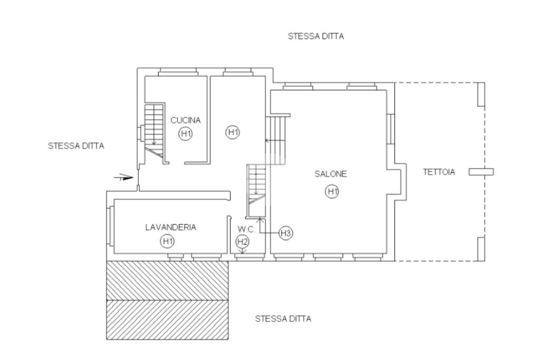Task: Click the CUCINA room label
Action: click(186, 120)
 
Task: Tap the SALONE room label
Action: click(331, 174)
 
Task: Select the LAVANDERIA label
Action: click(170, 227)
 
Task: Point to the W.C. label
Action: click(247, 230)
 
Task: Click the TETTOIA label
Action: click(439, 172)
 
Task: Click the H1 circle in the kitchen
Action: click(186, 133)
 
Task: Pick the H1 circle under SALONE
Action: click(332, 191)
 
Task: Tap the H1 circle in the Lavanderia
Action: click(167, 241)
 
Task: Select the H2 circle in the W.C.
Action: click(243, 241)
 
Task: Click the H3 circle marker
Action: click(286, 233)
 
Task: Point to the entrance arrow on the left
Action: click(123, 178)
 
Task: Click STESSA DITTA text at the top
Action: click(316, 36)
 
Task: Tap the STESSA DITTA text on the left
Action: click(76, 146)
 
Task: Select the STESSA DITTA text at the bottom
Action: click(283, 319)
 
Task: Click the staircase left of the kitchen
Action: click(153, 131)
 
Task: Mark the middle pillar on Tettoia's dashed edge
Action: click(481, 172)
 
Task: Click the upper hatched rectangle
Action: click(167, 280)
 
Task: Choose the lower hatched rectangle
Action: click(167, 320)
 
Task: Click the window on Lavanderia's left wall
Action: click(111, 226)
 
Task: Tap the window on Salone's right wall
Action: click(391, 129)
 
